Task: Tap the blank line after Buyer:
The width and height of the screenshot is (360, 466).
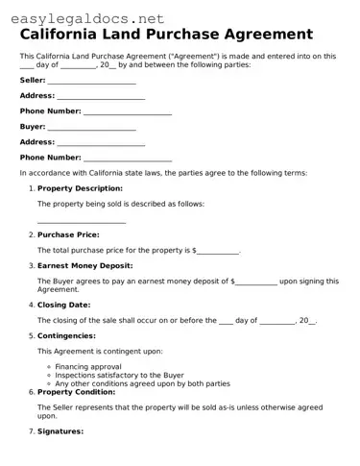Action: (x=91, y=128)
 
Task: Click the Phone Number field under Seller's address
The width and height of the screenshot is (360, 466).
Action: (x=128, y=112)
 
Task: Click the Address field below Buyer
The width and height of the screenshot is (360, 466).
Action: (x=101, y=143)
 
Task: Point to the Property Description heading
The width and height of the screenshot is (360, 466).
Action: (x=80, y=188)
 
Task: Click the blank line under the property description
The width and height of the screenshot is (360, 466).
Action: (x=82, y=221)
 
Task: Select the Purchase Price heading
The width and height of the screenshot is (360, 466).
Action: (x=68, y=234)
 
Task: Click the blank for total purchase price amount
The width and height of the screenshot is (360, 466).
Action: (x=218, y=251)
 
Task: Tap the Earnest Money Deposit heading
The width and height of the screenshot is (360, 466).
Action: (x=84, y=265)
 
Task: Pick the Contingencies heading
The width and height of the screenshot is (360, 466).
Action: (x=66, y=335)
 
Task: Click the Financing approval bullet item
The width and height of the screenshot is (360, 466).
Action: (x=88, y=367)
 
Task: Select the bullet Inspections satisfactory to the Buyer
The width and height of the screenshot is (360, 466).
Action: (x=119, y=376)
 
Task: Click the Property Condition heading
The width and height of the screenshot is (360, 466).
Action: (x=78, y=392)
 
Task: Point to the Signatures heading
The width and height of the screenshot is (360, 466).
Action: (x=60, y=431)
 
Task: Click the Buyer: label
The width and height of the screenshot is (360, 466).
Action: (x=33, y=128)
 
